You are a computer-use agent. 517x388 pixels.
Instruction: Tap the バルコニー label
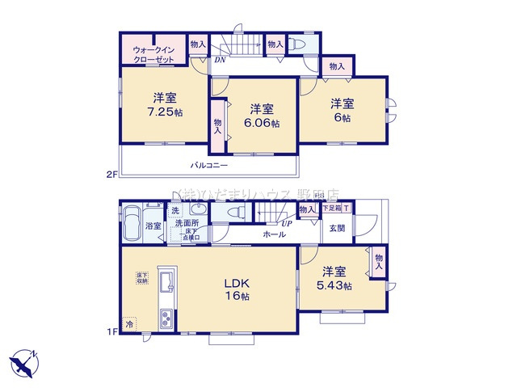pyautogui.click(x=209, y=166)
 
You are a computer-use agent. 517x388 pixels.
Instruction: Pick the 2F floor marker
pyautogui.click(x=111, y=172)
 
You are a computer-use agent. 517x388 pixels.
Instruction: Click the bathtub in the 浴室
pyautogui.click(x=132, y=224)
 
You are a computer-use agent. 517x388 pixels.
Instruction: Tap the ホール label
pyautogui.click(x=272, y=234)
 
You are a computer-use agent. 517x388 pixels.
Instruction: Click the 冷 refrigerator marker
pyautogui.click(x=129, y=323)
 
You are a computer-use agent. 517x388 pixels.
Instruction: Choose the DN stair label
pyautogui.click(x=220, y=59)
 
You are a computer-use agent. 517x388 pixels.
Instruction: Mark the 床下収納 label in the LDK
pyautogui.click(x=141, y=279)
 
